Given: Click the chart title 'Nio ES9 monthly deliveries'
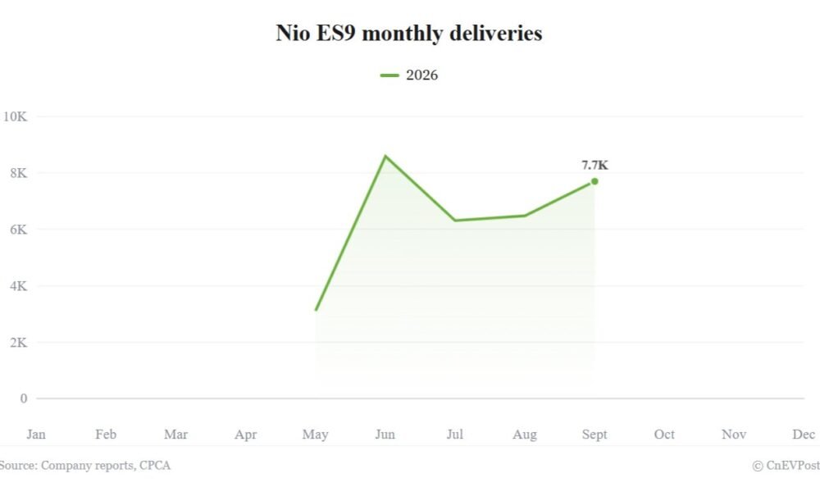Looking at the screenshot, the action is pos(409,34).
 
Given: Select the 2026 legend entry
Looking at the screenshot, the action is pos(409,75).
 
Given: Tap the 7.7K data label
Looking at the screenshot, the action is pos(594,165).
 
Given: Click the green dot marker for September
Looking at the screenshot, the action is pos(594,181).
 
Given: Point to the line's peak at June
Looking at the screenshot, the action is pos(385,156).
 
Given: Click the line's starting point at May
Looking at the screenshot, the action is pos(316,310).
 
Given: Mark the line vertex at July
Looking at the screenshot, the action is pos(455,220).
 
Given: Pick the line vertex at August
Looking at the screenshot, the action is pos(525,216).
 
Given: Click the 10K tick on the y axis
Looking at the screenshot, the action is pos(15,116).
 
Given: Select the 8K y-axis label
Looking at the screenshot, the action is pos(18,173).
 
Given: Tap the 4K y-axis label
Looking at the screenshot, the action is pos(18,286).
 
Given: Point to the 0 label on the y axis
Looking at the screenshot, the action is pos(24,399).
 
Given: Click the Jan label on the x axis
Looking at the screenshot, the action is pos(36,435).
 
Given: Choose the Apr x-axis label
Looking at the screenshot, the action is pos(246,435).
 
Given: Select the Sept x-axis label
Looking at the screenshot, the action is pos(594,435).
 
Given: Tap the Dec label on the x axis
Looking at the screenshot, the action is pos(804,435).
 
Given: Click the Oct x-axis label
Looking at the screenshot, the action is pos(664,435).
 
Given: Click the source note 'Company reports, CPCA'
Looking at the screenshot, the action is pos(106,465).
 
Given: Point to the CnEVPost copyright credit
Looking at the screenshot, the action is pos(786,465).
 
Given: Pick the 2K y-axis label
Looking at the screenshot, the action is pos(18,343).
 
